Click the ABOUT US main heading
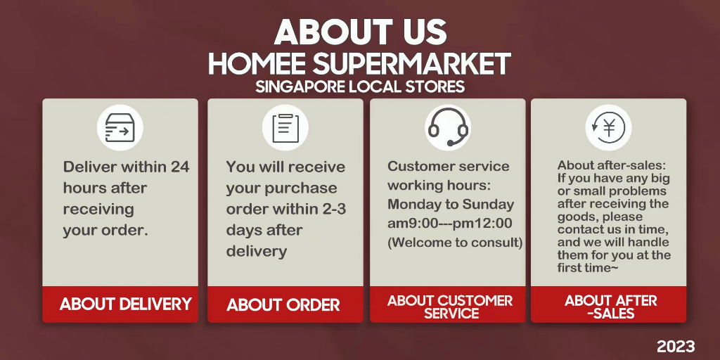click(x=360, y=32)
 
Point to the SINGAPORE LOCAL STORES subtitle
click(x=360, y=86)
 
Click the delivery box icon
click(x=120, y=127)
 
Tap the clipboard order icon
click(x=285, y=128)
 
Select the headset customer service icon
click(x=448, y=127)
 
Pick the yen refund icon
click(x=608, y=127)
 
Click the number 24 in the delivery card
click(x=180, y=167)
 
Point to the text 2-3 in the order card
click(x=332, y=209)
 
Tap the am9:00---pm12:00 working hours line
click(x=449, y=224)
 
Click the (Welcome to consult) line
click(x=455, y=243)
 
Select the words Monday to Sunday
click(x=451, y=204)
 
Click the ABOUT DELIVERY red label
click(x=125, y=304)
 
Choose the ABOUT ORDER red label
click(x=283, y=305)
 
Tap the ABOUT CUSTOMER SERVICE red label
click(x=450, y=307)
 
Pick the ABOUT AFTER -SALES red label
click(x=611, y=307)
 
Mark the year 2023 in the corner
click(x=676, y=346)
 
